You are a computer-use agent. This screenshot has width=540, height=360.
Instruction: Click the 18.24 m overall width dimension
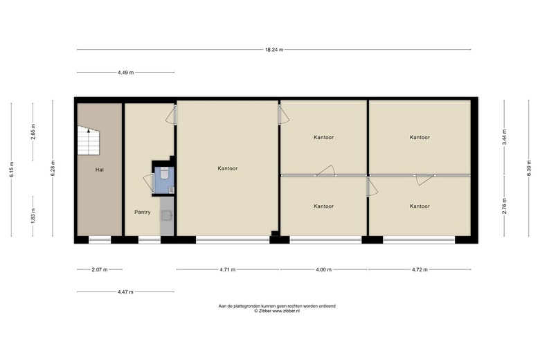274,50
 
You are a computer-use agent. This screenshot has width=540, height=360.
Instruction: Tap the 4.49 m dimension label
126,72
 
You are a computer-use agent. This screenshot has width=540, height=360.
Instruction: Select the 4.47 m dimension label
125,291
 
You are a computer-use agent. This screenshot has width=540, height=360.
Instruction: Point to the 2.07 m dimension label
100,269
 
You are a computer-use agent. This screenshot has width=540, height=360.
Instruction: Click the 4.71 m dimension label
228,269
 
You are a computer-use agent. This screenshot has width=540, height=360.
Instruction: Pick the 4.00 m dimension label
324,269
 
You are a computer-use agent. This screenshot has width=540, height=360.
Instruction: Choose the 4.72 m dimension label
420,269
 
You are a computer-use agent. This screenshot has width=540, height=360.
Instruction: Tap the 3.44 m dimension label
504,137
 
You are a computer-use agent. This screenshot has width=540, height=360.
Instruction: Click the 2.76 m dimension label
504,206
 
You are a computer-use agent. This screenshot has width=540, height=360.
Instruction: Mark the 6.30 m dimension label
529,168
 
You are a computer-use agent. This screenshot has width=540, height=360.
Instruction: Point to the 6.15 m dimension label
11,170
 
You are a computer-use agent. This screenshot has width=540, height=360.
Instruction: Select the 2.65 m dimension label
33,132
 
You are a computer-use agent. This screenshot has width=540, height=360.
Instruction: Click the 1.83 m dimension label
33,216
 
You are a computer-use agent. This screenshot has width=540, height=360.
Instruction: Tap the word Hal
100,170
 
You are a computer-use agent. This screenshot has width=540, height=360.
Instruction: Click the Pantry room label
142,213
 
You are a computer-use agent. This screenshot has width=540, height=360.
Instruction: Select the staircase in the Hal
89,141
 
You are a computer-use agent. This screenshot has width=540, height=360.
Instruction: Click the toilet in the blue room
164,173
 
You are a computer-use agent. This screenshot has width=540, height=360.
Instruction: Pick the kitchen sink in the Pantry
168,215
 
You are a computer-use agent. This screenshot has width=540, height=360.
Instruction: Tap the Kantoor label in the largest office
228,168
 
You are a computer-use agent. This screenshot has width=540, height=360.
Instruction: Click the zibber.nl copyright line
277,311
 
